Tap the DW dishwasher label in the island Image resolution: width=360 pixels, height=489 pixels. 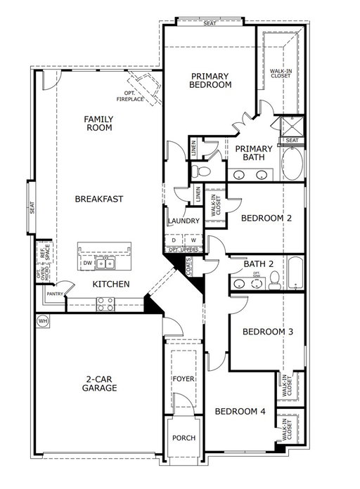point(87,263)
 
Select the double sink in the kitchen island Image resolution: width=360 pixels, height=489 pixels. point(106,264)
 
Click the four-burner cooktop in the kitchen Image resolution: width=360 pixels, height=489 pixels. point(105,304)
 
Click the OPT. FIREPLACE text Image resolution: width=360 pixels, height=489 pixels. point(131,97)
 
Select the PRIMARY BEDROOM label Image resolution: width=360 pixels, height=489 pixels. point(210,79)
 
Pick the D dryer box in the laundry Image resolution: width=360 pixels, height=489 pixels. point(174,240)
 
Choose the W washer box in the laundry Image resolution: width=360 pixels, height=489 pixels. point(193,240)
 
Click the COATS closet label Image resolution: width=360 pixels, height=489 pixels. point(189,266)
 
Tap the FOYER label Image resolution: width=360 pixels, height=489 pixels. point(183,380)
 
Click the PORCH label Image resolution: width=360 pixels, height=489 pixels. point(184,438)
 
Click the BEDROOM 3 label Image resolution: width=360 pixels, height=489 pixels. point(268,332)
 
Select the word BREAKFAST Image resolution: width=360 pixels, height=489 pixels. point(99,199)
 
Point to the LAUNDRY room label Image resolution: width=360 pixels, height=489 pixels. point(184,221)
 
